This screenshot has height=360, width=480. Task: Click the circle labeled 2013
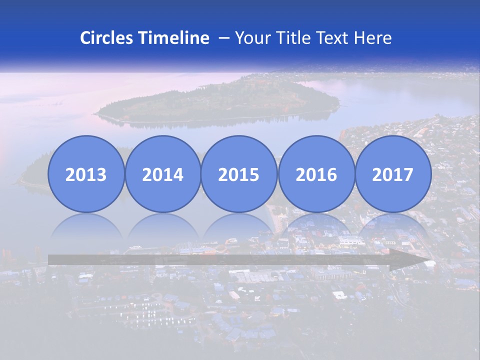point(86,174)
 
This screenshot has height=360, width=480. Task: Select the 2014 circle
point(162,174)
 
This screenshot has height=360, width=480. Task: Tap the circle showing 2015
point(239,174)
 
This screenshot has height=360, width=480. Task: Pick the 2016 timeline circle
point(316,174)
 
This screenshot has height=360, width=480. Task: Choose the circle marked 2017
point(392,174)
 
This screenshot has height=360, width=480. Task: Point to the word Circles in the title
point(107,38)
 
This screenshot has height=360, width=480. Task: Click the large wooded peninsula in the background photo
point(220,102)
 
